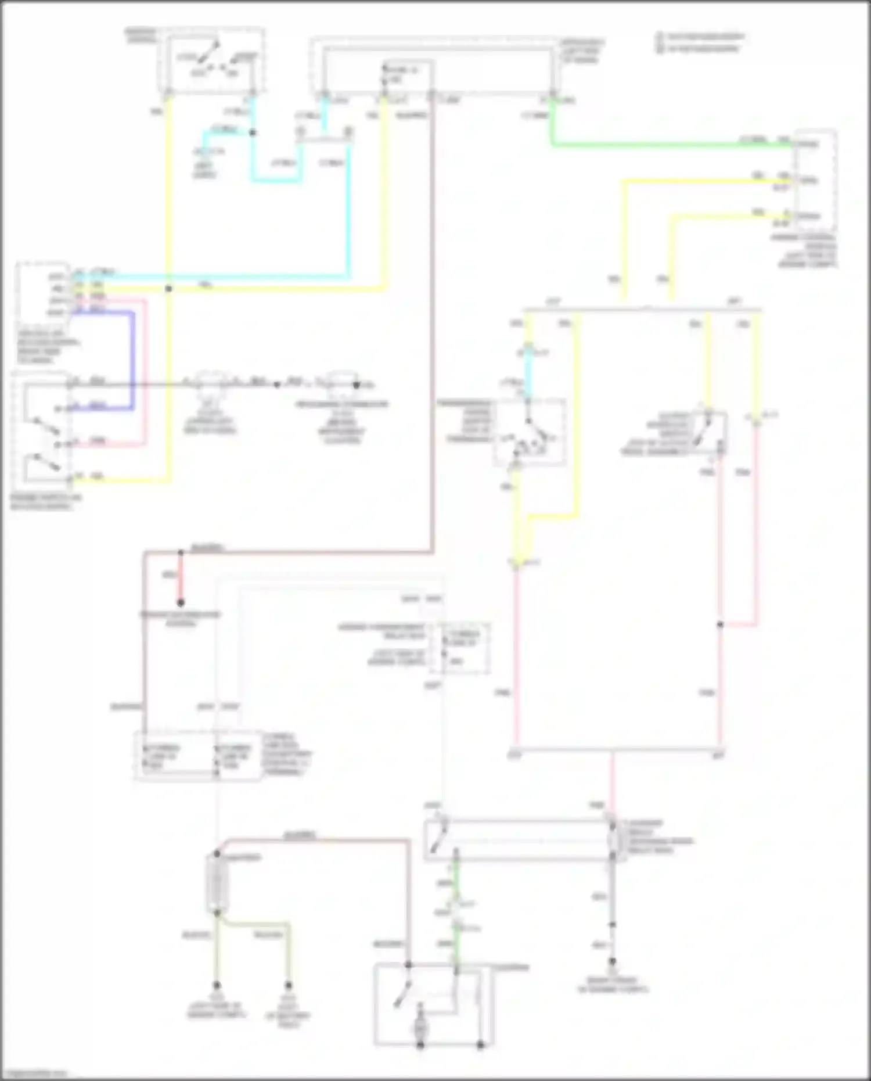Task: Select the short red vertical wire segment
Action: pyautogui.click(x=181, y=578)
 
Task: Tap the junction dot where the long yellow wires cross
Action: pyautogui.click(x=168, y=289)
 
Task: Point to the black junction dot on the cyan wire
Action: pyautogui.click(x=253, y=133)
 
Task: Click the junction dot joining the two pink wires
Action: pyautogui.click(x=720, y=624)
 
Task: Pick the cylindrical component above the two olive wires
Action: pyautogui.click(x=217, y=884)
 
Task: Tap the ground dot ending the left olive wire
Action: pyautogui.click(x=217, y=986)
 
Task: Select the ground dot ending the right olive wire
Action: pyautogui.click(x=288, y=986)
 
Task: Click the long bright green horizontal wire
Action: pyautogui.click(x=668, y=144)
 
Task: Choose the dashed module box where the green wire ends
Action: pyautogui.click(x=816, y=180)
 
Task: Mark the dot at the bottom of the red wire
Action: pyautogui.click(x=181, y=603)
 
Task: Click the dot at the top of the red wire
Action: pyautogui.click(x=181, y=552)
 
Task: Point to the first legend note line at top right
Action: pyautogui.click(x=703, y=37)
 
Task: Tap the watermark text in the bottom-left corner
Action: pyautogui.click(x=35, y=1073)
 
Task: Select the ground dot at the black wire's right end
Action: pyautogui.click(x=357, y=385)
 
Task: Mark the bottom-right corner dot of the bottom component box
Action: pyautogui.click(x=481, y=1045)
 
